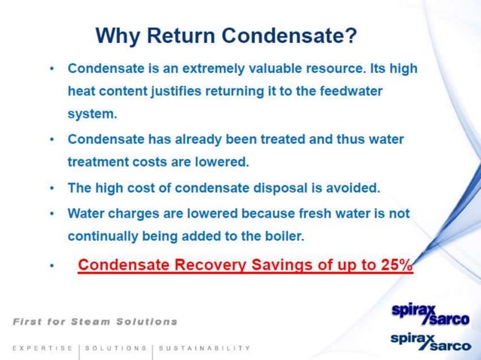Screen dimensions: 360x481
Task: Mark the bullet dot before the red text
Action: pos(51,267)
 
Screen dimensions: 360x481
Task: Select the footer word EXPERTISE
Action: pos(43,348)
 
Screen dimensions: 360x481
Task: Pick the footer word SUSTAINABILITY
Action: pos(205,348)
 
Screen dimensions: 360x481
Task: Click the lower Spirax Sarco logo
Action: pos(429,343)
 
